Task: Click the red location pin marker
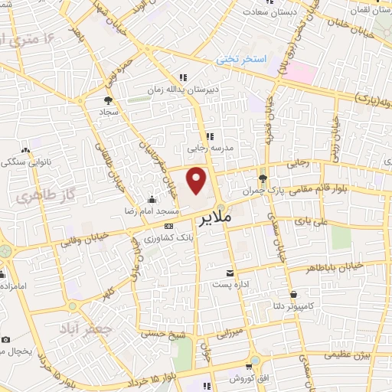198,181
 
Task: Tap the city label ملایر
215,219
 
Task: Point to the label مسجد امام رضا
152,210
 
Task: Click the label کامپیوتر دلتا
293,305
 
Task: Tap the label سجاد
108,112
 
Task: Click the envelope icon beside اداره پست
230,273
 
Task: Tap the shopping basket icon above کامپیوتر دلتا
293,293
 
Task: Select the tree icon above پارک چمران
263,178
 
